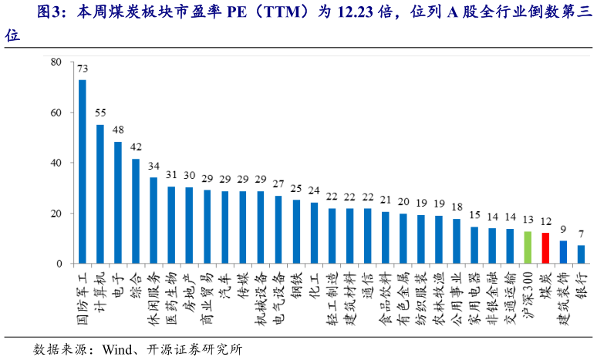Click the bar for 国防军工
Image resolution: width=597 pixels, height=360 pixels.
(83, 171)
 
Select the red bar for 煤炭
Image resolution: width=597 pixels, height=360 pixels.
(545, 248)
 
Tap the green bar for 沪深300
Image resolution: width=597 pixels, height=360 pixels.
(528, 247)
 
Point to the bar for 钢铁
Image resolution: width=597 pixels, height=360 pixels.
(296, 231)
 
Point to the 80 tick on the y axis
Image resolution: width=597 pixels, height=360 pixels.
(56, 62)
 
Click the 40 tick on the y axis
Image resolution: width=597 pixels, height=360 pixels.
(56, 163)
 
